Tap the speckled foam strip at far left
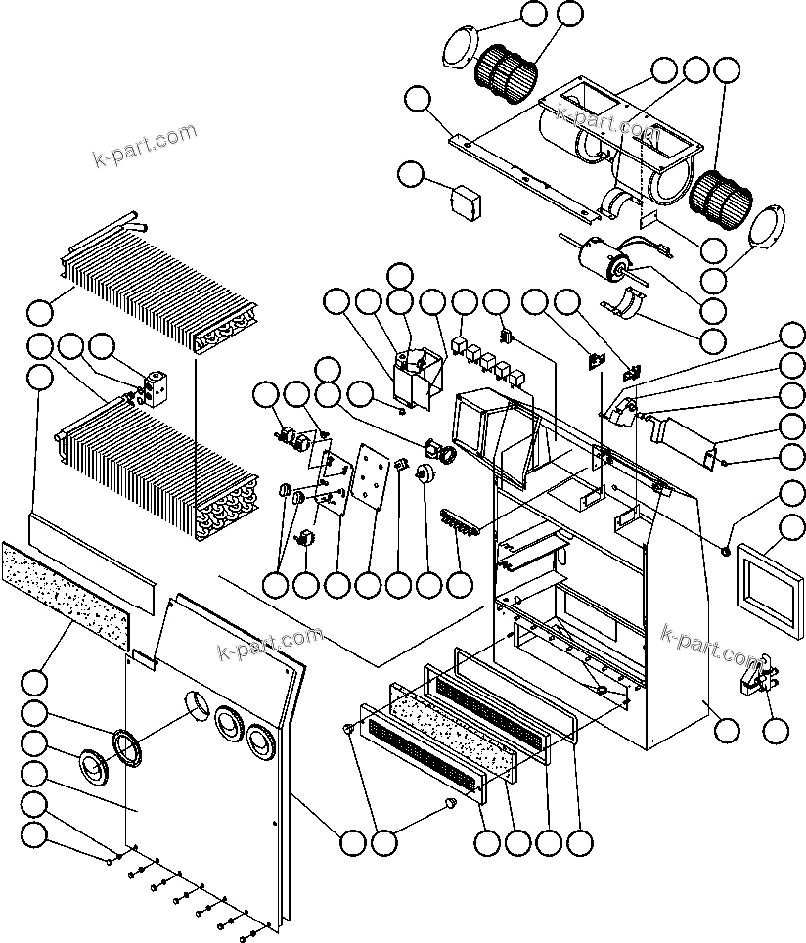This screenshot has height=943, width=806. pyautogui.click(x=66, y=593)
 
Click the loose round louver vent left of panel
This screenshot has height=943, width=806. pyautogui.click(x=93, y=766)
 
